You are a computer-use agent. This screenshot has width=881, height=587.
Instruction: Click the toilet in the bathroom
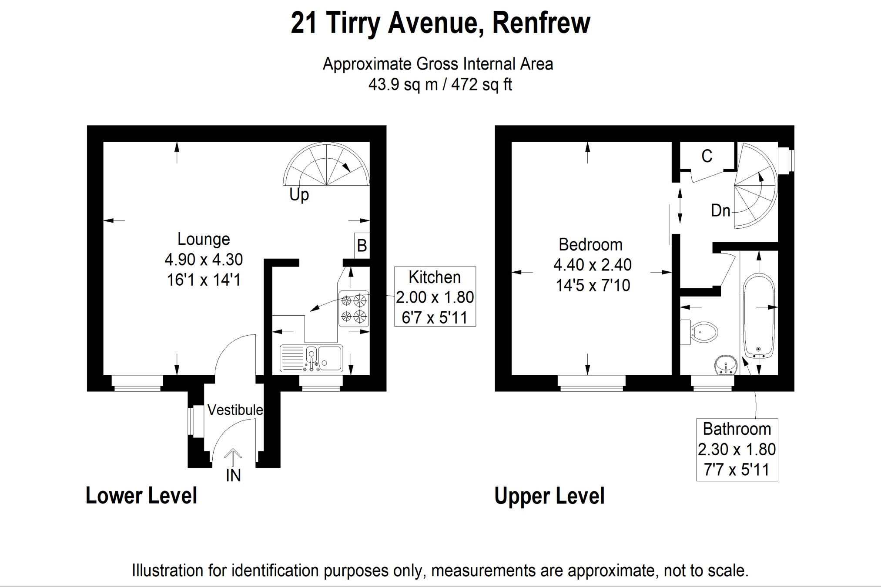click(701, 333)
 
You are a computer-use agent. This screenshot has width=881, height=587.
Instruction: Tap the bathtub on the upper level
click(759, 315)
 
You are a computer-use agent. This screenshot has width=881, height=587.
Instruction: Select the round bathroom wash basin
click(726, 365)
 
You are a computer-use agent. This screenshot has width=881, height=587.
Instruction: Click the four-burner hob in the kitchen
click(353, 308)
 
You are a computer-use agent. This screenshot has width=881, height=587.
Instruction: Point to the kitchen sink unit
click(311, 358)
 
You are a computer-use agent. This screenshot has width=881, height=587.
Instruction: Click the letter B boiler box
click(362, 246)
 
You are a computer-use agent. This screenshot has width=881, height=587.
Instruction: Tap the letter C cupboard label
click(707, 157)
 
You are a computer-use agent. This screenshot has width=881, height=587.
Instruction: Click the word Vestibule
click(235, 410)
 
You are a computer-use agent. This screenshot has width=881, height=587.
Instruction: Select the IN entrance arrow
click(234, 459)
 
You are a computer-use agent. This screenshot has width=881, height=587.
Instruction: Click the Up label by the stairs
click(299, 194)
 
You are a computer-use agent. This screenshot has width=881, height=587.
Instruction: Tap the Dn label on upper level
click(720, 211)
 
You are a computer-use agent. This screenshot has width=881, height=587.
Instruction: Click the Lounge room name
click(204, 239)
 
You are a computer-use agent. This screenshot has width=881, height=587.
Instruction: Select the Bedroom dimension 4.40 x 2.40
click(592, 265)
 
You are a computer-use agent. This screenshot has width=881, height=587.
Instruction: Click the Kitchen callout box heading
click(434, 277)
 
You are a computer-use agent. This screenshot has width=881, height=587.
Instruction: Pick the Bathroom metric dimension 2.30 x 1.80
click(737, 450)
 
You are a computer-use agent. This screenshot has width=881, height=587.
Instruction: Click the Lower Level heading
click(141, 496)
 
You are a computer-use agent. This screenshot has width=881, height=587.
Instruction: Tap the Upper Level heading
click(549, 496)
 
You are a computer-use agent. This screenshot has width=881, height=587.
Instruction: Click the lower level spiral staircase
click(326, 166)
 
